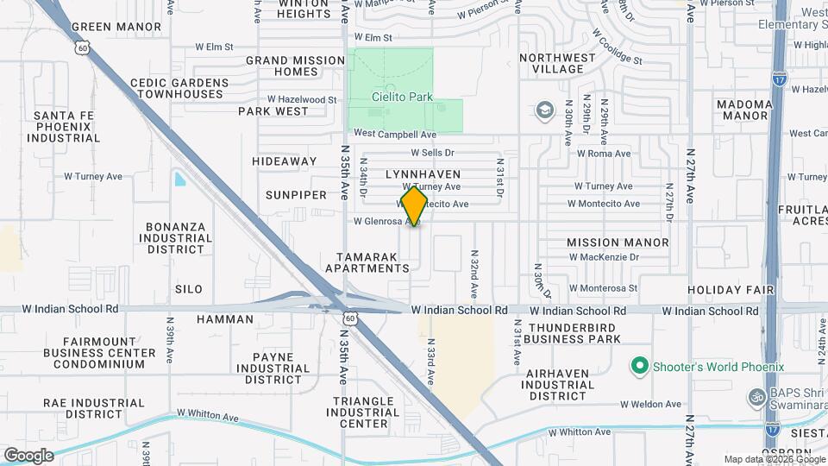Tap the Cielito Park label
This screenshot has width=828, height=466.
point(403,98)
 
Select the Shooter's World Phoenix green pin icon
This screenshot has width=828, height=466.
point(639,366)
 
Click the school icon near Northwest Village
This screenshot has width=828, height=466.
point(544,110)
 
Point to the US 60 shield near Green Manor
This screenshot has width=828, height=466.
point(81,49)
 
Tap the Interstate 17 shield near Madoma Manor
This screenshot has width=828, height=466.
point(779,78)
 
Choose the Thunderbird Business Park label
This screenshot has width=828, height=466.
point(574,333)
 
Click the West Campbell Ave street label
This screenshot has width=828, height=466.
point(395,135)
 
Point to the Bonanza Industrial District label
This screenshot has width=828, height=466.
point(175,238)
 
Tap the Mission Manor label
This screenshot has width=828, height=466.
point(618,242)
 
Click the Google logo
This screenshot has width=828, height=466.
point(28,455)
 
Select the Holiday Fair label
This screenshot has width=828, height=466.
point(731,289)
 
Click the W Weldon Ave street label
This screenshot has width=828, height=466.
point(650,404)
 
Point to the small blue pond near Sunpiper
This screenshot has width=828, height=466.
point(179,179)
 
